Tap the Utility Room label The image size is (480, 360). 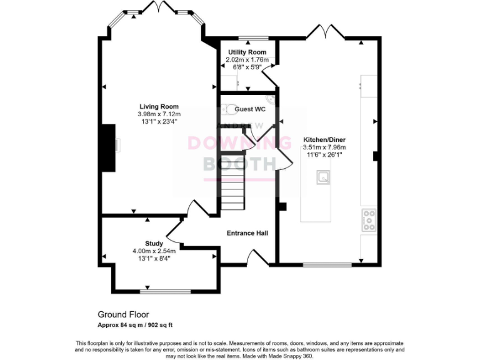point(247,52)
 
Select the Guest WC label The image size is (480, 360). point(248,109)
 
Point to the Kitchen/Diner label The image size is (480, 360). point(324,139)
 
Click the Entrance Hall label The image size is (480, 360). point(247,233)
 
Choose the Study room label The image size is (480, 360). point(154,243)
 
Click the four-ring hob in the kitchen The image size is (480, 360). point(369,219)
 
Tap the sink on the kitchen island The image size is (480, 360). point(324,178)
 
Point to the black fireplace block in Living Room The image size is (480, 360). point(108,147)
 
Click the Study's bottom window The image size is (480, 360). point(165,291)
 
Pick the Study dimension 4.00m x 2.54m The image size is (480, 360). point(154,251)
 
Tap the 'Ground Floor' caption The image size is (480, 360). point(123,314)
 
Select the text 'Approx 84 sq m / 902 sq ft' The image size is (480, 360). point(136,324)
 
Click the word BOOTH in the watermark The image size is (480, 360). point(240,164)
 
